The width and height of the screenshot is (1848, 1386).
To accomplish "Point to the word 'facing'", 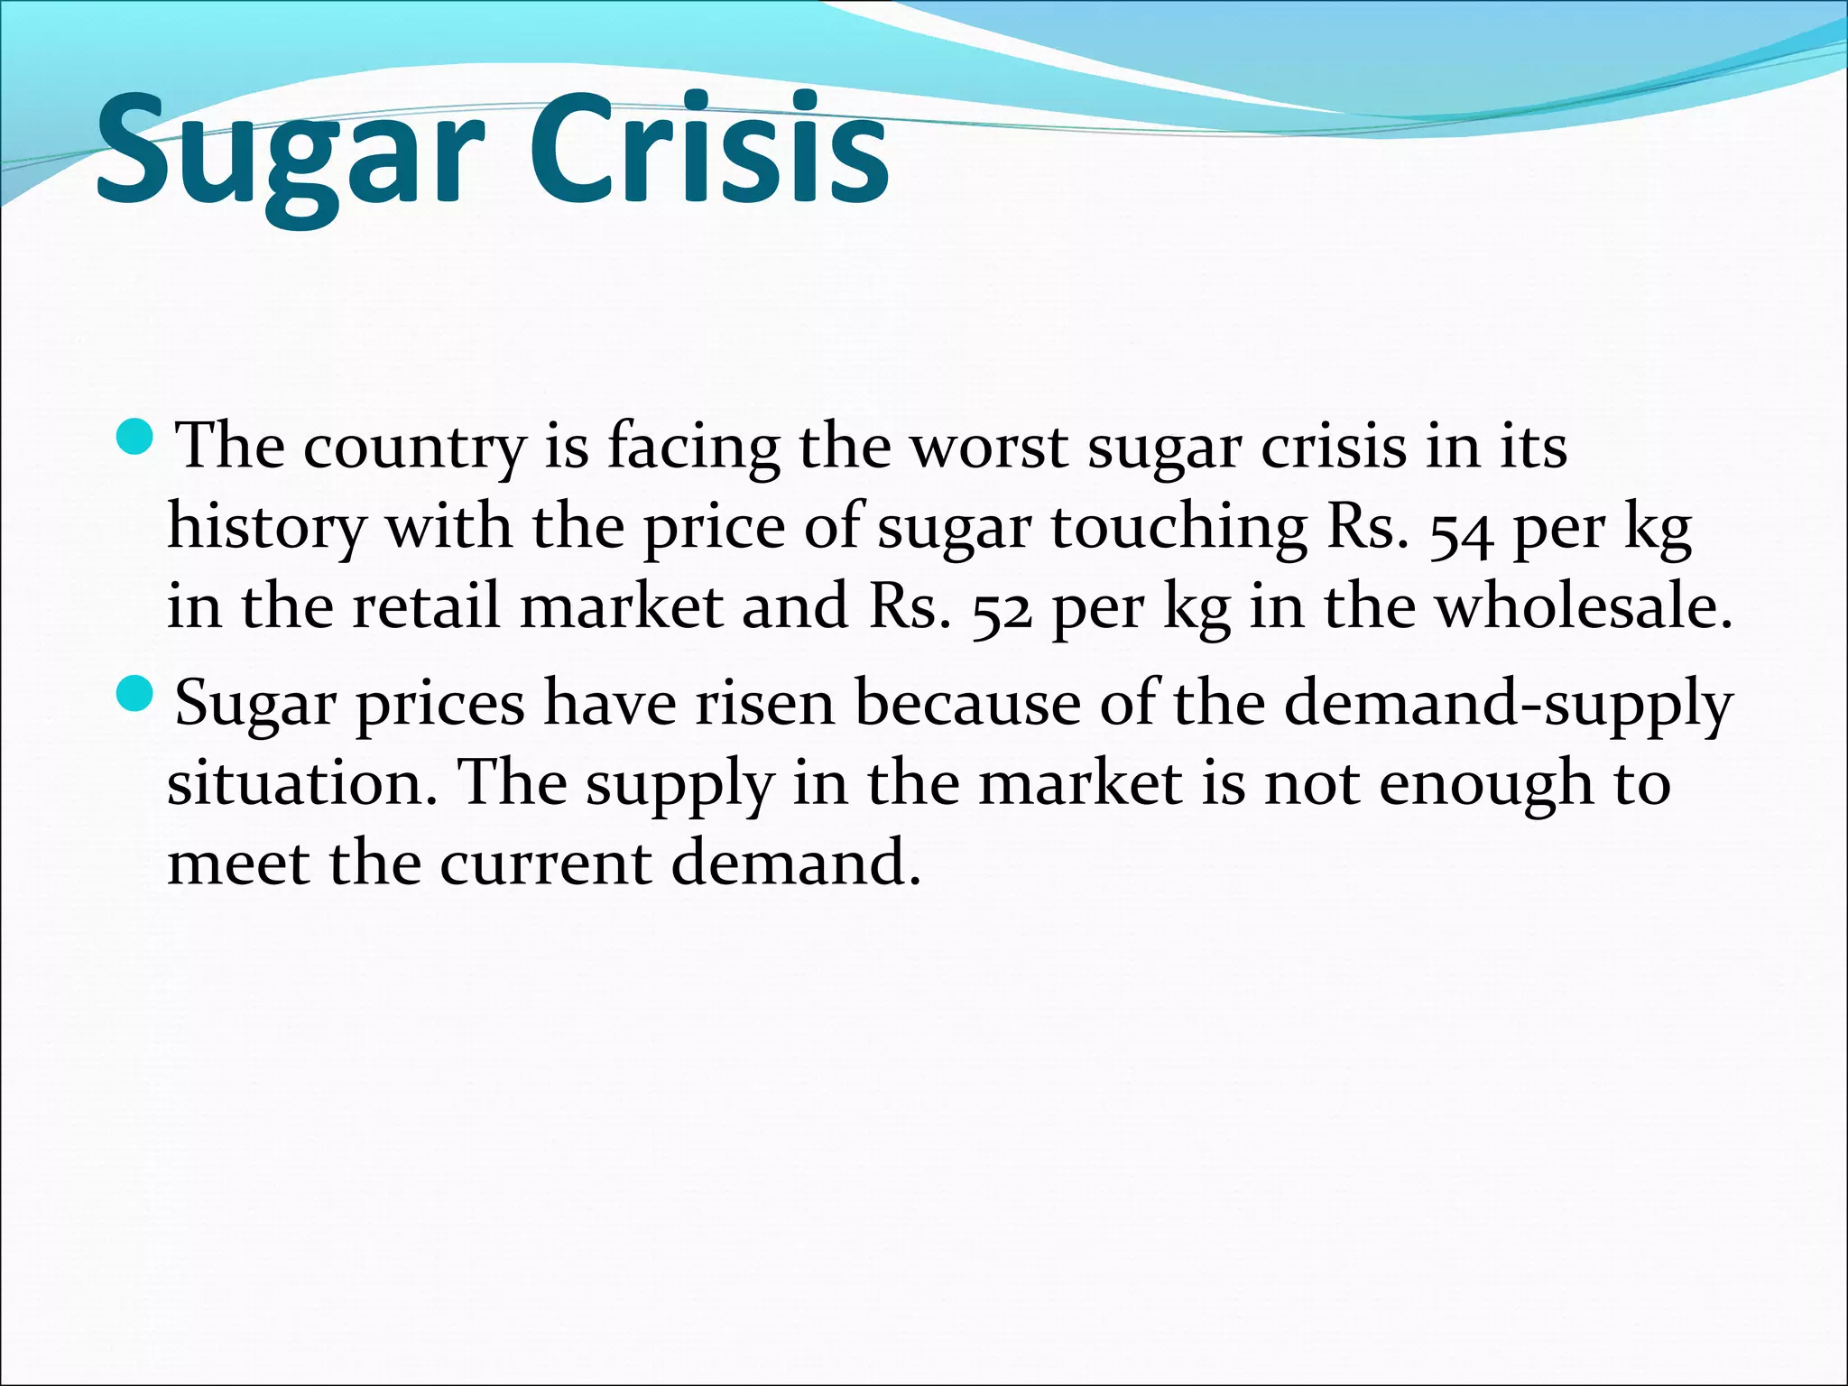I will tap(693, 448).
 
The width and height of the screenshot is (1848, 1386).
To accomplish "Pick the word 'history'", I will tap(267, 527).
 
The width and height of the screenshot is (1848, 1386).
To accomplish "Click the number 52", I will tap(1002, 610).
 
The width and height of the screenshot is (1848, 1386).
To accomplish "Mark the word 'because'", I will tap(966, 703).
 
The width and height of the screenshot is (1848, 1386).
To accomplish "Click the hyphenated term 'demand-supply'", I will tap(1508, 706).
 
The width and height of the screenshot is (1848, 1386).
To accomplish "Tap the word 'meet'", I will tap(239, 862).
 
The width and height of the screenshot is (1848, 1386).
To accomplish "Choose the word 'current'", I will tap(546, 862).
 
